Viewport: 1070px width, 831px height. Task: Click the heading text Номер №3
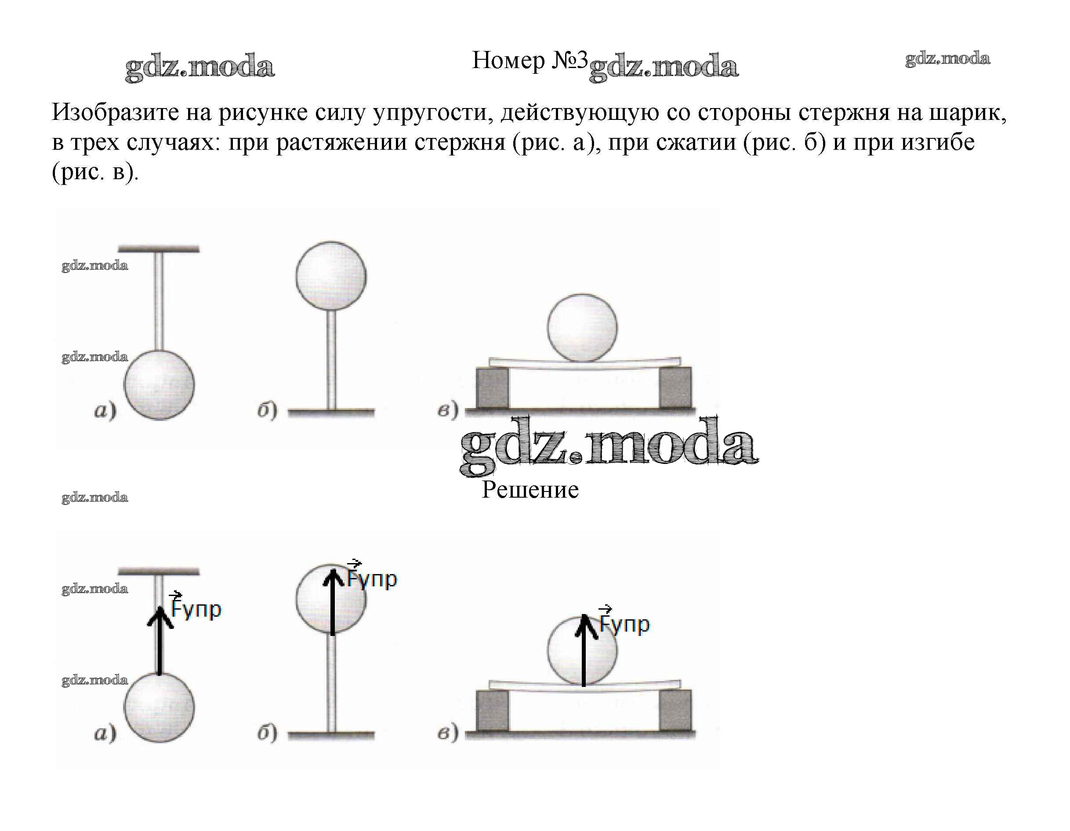point(529,61)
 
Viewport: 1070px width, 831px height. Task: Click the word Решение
point(530,490)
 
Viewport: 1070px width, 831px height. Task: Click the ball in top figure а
point(159,385)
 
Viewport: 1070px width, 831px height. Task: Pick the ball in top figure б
point(331,276)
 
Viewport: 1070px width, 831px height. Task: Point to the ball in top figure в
point(582,328)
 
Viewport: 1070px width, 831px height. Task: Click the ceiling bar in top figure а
point(159,249)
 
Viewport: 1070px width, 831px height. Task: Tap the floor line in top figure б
point(331,413)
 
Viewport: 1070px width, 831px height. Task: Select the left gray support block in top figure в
point(493,387)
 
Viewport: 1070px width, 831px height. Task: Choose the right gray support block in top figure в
point(675,387)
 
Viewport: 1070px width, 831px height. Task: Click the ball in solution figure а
point(159,708)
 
